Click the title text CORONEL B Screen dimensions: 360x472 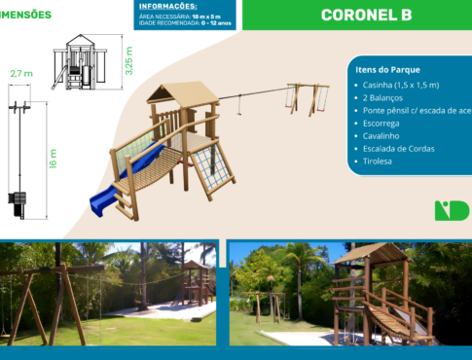[x=366, y=16]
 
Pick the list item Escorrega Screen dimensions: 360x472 [x=381, y=125]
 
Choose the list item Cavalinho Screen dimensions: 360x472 [x=381, y=137]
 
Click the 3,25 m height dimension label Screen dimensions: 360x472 [x=129, y=57]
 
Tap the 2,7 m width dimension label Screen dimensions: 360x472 [x=20, y=74]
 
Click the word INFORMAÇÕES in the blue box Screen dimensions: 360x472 [x=167, y=7]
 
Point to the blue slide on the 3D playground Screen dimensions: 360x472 [x=113, y=190]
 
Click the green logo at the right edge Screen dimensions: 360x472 [x=452, y=210]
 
